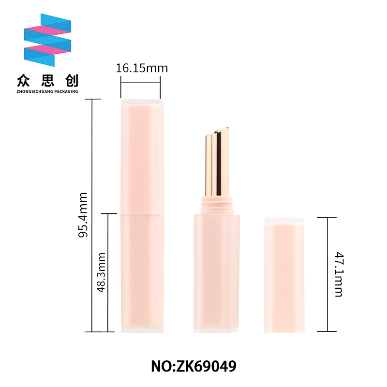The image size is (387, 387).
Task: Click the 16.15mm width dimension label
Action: point(142,68)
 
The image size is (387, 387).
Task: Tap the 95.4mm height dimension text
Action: point(83,215)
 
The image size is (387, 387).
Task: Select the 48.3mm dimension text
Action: point(101,272)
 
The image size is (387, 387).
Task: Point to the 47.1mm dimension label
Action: point(339,274)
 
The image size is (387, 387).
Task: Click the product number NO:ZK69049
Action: point(193,366)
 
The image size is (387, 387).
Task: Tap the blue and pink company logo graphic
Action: point(47,40)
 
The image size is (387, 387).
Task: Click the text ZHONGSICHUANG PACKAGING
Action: point(47,91)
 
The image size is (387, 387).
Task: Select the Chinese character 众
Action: point(23,81)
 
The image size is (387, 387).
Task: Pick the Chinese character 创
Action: point(72,81)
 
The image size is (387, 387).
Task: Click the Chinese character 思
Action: point(47,81)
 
